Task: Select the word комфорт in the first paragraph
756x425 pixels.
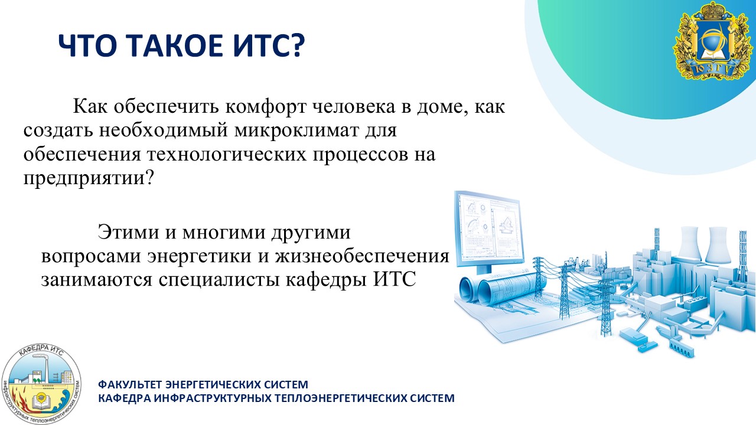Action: click(x=266, y=107)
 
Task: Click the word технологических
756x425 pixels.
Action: click(x=226, y=155)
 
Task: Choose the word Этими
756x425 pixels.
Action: click(x=128, y=232)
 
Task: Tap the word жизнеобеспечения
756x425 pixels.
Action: click(x=362, y=256)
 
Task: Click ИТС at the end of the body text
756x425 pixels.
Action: click(x=394, y=280)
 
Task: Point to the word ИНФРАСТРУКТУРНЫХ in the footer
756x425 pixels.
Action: click(x=213, y=398)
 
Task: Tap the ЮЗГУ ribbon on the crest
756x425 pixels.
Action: click(x=715, y=68)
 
